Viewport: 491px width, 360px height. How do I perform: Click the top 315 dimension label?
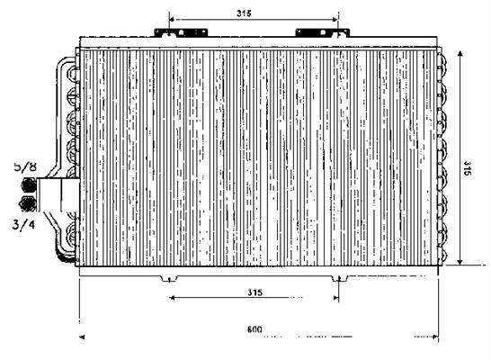click(x=244, y=13)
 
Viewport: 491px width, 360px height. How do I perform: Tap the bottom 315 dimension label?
click(x=254, y=292)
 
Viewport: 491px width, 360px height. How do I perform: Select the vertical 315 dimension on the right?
click(x=467, y=168)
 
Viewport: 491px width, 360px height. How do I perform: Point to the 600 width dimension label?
click(x=254, y=329)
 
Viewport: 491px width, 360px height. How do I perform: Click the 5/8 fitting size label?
click(x=25, y=166)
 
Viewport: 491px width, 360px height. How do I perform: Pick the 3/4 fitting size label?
click(x=23, y=224)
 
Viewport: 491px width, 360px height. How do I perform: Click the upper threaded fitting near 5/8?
click(x=29, y=184)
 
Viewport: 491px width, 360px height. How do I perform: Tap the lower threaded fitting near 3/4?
click(x=28, y=203)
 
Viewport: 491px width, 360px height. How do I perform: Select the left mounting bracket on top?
click(x=181, y=32)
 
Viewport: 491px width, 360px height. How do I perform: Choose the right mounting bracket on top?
click(x=323, y=32)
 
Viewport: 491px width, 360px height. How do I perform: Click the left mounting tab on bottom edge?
click(x=169, y=278)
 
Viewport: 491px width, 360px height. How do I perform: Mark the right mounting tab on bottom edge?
click(x=340, y=278)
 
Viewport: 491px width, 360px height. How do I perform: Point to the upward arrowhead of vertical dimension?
click(x=460, y=54)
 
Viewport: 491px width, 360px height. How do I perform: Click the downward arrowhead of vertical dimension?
click(x=460, y=261)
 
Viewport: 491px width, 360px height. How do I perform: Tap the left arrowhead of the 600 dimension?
click(x=82, y=337)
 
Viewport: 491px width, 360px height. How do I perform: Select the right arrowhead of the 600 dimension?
click(x=435, y=337)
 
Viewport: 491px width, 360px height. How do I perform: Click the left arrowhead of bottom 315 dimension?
click(x=172, y=298)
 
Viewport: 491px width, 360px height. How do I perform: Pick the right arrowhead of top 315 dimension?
click(x=335, y=20)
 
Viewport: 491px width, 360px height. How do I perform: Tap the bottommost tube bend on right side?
click(x=442, y=255)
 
